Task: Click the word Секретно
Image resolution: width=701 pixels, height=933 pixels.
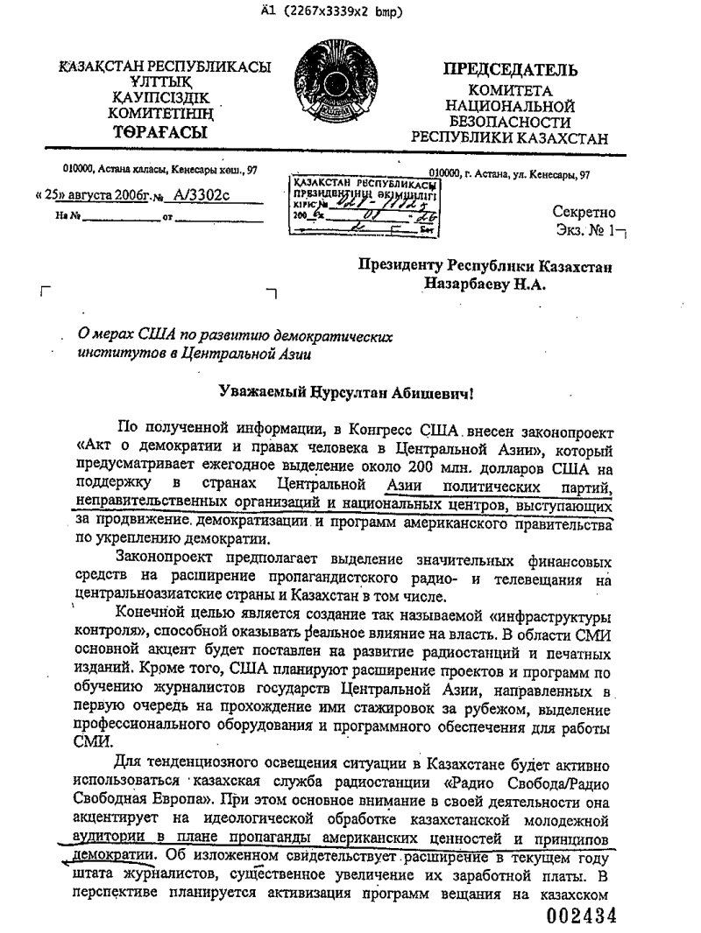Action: pos(584,212)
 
